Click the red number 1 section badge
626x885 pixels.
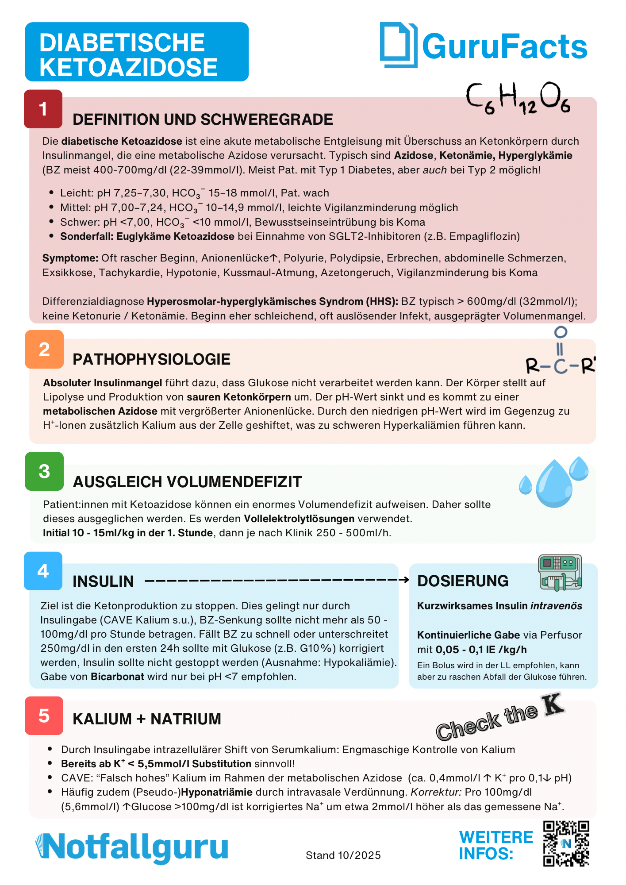pyautogui.click(x=43, y=109)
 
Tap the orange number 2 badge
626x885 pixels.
pyautogui.click(x=44, y=350)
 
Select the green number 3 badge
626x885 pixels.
pyautogui.click(x=44, y=471)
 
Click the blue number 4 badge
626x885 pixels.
pyautogui.click(x=43, y=571)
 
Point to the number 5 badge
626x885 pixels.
pyautogui.click(x=44, y=716)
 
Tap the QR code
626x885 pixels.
pyautogui.click(x=566, y=843)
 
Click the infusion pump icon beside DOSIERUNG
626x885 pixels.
pyautogui.click(x=560, y=573)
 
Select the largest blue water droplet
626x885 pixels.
pyautogui.click(x=553, y=484)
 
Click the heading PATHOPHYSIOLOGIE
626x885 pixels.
pyautogui.click(x=151, y=359)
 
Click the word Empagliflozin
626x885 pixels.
pyautogui.click(x=484, y=236)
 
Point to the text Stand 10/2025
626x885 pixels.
pyautogui.click(x=343, y=855)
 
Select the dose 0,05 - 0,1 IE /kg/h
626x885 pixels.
pyautogui.click(x=481, y=650)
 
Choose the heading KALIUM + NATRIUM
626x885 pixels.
pyautogui.click(x=147, y=719)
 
